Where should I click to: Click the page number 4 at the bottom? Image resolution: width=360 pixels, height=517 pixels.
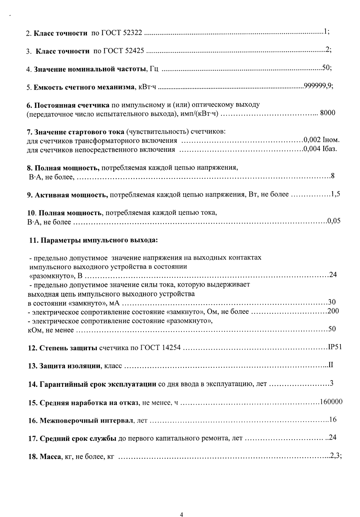coord(181,505)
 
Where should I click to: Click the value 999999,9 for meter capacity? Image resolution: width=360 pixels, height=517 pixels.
coord(318,87)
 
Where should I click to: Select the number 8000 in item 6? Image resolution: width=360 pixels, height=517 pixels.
coord(328,113)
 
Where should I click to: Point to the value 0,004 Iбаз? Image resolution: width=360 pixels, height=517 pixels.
coord(320,149)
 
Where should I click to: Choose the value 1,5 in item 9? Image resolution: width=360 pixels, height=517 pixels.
coord(335,194)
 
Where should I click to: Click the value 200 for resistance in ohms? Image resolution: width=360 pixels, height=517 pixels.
coord(333,311)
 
